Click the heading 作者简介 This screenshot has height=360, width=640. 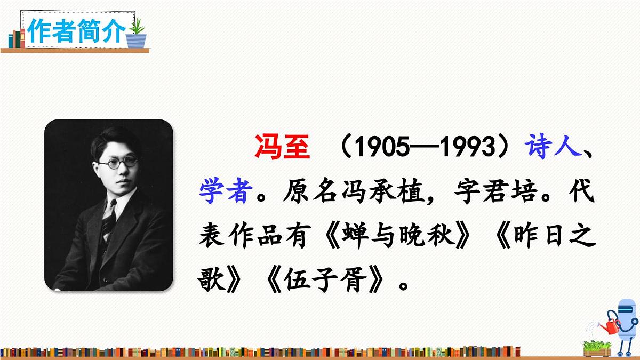coord(76,31)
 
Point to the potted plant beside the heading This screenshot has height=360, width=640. coord(137,33)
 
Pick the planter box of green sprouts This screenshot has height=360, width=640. coord(597,348)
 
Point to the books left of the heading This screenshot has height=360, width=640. coord(16,38)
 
